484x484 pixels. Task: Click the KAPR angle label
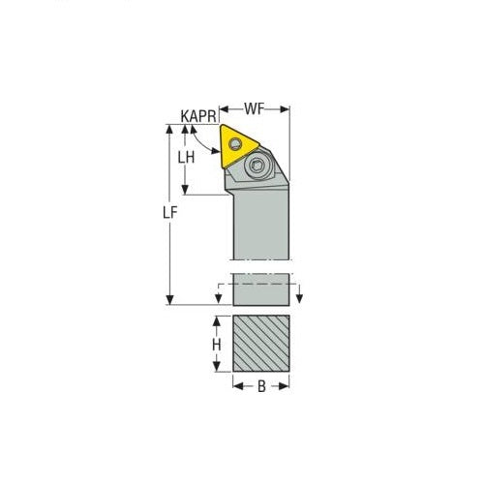(x=197, y=115)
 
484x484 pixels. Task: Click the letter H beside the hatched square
(x=217, y=344)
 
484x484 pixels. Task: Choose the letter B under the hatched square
(x=261, y=387)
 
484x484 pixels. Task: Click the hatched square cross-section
(x=261, y=344)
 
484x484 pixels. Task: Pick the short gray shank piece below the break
(x=261, y=289)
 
